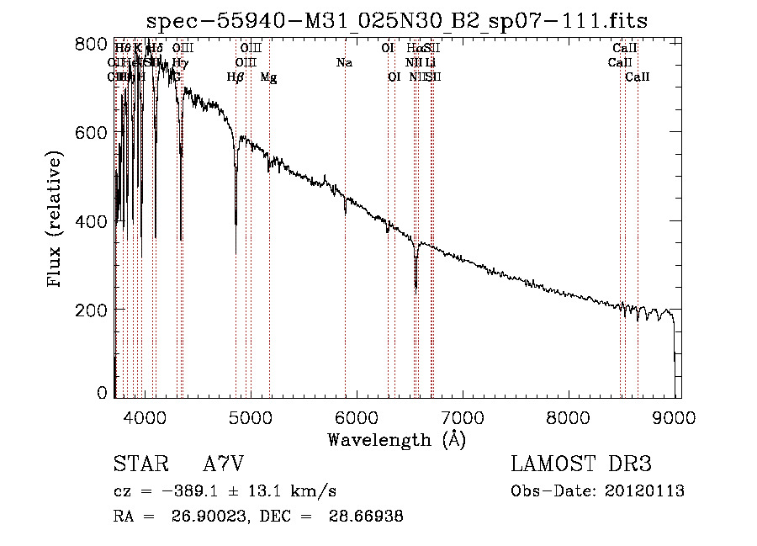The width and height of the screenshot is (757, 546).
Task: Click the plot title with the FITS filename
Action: tap(396, 21)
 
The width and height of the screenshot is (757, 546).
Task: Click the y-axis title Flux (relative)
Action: tap(56, 220)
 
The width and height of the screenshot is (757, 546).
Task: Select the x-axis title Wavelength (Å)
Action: tap(396, 440)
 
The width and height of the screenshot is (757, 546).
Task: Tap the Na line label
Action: tap(344, 63)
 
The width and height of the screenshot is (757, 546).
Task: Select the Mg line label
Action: tap(268, 77)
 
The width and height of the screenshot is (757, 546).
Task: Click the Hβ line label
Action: tap(236, 77)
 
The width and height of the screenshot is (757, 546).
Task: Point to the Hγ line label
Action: tap(181, 63)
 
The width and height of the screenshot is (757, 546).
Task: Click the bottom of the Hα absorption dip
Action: tap(416, 287)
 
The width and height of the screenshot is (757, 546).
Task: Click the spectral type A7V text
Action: tap(225, 464)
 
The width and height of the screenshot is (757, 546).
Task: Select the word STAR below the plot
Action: tap(139, 464)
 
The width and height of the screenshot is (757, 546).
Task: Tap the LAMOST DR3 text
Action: tap(580, 464)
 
